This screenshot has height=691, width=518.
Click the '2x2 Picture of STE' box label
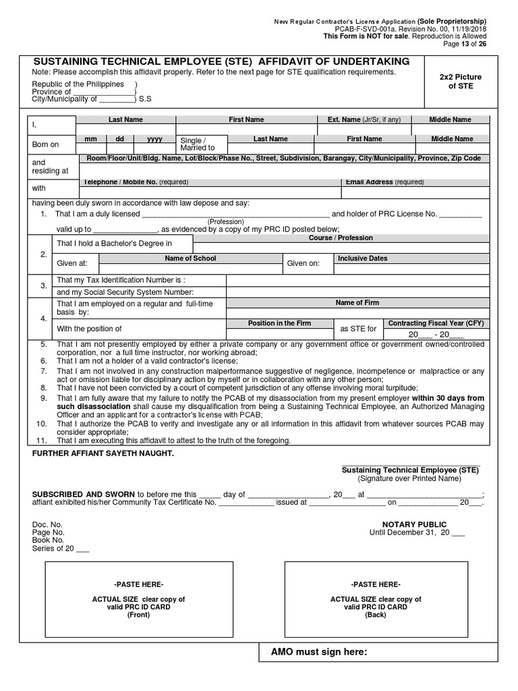coord(460,82)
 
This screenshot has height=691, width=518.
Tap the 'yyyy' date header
coord(154,138)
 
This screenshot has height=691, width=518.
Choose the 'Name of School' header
coord(190,258)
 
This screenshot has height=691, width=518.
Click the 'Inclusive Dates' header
coord(363,258)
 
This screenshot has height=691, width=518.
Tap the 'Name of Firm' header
coord(357,303)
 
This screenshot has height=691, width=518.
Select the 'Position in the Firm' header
coord(279,323)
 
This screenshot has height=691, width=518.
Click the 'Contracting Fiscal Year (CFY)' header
coord(436,323)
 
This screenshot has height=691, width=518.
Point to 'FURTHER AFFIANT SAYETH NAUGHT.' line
coord(103,453)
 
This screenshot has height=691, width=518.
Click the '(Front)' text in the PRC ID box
coord(138,615)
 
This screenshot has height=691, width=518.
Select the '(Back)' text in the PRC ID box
coord(375,615)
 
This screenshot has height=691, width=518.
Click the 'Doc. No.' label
coord(47,524)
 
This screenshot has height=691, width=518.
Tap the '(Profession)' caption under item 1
coord(226,221)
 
